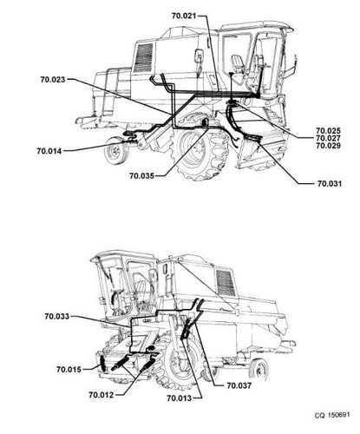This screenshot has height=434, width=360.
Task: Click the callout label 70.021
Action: tap(184, 16)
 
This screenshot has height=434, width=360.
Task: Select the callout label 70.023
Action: tap(53, 79)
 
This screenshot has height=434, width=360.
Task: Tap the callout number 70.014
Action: tap(49, 151)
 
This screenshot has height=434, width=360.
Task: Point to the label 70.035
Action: tap(141, 175)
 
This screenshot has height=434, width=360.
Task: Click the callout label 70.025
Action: tap(328, 130)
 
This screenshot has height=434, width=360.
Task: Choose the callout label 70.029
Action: tap(328, 146)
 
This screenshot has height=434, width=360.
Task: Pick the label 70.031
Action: tap(330, 183)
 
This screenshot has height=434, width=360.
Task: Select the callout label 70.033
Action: tap(57, 316)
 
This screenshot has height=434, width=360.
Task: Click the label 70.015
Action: tap(69, 369)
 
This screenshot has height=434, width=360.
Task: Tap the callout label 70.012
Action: tap(101, 395)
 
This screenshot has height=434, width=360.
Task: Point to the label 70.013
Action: tap(180, 398)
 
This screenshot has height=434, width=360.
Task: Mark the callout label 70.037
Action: tap(239, 385)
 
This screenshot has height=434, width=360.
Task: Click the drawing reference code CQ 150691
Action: tap(332, 415)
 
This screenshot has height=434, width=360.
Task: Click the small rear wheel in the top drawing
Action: tap(116, 150)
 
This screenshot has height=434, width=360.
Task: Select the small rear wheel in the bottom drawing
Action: tap(259, 371)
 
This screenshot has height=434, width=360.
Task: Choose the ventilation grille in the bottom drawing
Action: tap(226, 282)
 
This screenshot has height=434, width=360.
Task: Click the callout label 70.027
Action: tap(328, 138)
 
